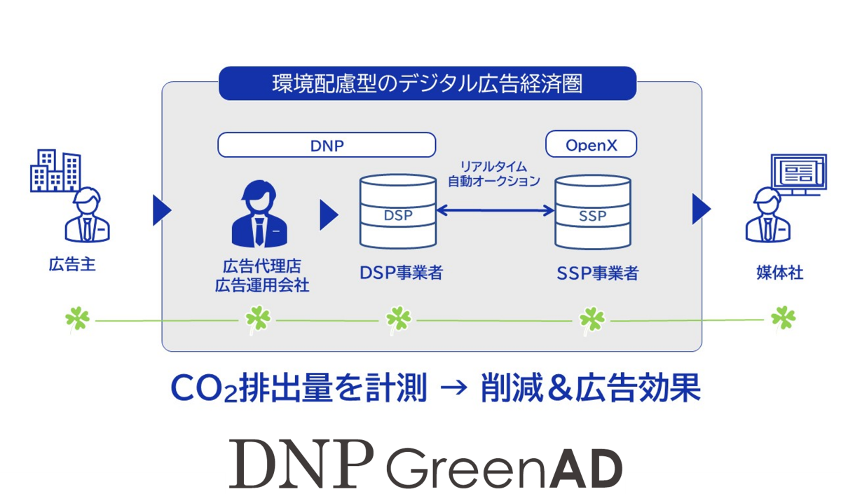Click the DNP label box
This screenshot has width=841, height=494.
tap(327, 145)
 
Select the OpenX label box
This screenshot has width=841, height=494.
tap(591, 145)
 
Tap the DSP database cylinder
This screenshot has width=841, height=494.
tap(398, 211)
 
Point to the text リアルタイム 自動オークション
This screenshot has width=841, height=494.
tap(495, 173)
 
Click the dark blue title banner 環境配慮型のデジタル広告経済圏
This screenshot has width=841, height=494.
tap(428, 84)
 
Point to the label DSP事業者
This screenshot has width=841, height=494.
tap(401, 273)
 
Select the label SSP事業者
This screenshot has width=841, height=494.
tap(597, 273)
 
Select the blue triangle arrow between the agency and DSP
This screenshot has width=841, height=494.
tap(329, 215)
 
